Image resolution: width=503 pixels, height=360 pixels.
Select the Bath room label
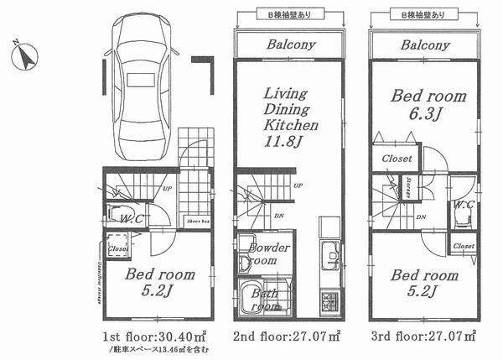point(266,300)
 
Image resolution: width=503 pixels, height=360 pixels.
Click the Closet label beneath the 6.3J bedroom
point(397,158)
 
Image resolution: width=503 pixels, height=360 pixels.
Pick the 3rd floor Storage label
point(407,188)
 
